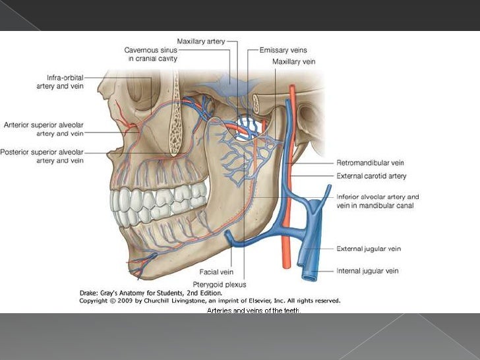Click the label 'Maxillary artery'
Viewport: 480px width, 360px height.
click(200, 41)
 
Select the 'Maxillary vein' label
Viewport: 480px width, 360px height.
click(293, 61)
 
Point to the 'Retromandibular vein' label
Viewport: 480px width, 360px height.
click(370, 163)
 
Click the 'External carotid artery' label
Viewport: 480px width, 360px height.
click(371, 176)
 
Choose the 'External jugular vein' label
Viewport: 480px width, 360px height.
click(369, 249)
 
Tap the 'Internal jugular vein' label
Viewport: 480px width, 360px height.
click(368, 271)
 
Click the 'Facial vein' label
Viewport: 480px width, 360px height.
click(217, 272)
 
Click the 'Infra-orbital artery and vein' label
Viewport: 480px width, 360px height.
click(59, 82)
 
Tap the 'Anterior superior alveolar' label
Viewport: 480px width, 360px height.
click(44, 125)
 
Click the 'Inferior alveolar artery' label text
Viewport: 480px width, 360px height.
click(377, 196)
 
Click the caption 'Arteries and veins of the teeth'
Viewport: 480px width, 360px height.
click(253, 310)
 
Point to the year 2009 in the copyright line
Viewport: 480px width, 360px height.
click(123, 300)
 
